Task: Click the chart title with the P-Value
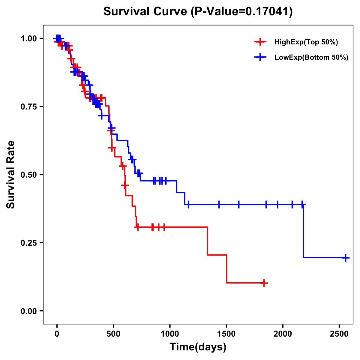198,11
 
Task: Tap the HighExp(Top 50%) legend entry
306,42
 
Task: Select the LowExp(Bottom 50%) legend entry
311,58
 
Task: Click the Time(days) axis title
198,347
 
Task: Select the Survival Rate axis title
11,175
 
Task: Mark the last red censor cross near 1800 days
264,283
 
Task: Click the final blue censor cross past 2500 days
346,258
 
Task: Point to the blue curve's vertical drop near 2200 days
303,231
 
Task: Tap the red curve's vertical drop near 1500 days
226,269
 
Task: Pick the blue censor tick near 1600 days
239,205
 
